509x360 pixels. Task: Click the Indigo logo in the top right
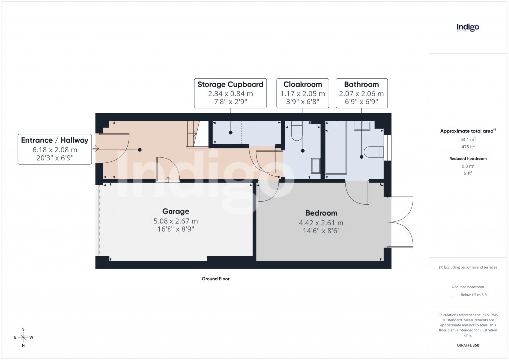(x=467, y=27)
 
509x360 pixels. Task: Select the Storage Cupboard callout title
(x=230, y=84)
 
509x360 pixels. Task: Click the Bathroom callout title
(x=361, y=84)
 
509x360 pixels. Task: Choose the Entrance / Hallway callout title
(x=55, y=140)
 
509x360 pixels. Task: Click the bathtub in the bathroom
(x=337, y=148)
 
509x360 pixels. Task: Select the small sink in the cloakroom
(x=316, y=166)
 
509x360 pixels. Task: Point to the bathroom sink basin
(x=361, y=126)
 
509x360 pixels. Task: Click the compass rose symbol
(x=23, y=337)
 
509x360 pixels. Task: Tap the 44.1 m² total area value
(x=467, y=140)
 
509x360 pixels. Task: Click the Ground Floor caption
(x=215, y=279)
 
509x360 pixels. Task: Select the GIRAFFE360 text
(x=467, y=345)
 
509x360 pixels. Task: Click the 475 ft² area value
(x=467, y=146)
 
